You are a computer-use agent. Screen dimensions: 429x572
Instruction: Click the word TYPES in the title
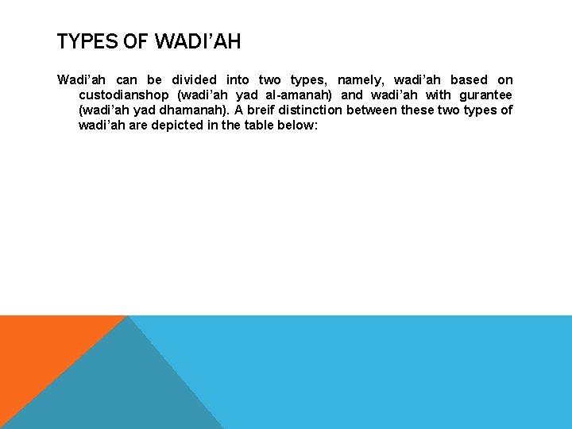coord(87,41)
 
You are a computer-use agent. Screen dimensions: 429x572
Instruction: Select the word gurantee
coord(484,95)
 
